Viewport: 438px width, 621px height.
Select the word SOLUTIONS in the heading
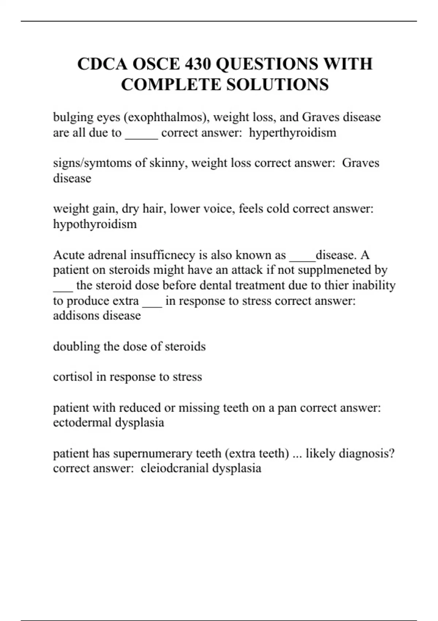277,85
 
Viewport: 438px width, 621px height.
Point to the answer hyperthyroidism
292,133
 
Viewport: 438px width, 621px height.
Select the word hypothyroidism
95,224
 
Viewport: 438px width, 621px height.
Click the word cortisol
73,377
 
